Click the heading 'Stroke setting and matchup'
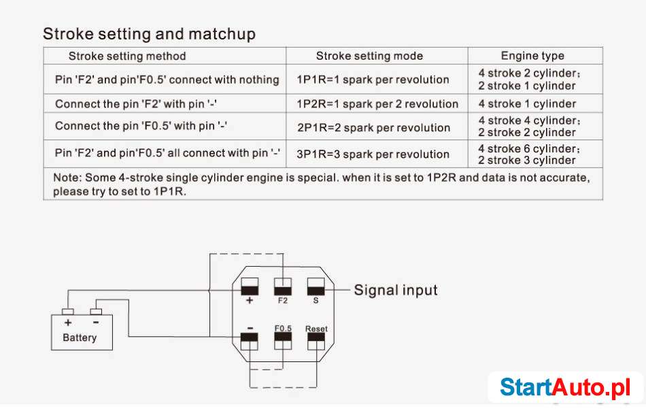(149, 34)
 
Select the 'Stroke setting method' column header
(127, 56)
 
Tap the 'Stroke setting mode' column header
(369, 56)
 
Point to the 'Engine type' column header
(532, 56)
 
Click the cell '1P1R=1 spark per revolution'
(373, 80)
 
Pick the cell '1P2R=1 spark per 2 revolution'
(377, 104)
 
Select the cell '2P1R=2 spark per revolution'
(373, 128)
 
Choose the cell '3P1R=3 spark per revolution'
(373, 154)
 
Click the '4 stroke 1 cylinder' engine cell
(527, 104)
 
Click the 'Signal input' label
(396, 291)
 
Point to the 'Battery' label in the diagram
(80, 338)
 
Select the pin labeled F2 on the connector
(283, 286)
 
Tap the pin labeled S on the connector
(316, 286)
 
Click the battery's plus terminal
(67, 312)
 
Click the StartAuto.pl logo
(566, 387)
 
